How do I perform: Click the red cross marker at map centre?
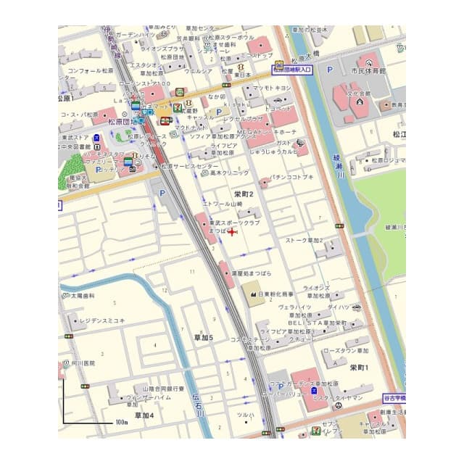click(232, 232)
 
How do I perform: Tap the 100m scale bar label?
click(120, 422)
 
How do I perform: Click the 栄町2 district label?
click(244, 194)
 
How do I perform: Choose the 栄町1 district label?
click(360, 368)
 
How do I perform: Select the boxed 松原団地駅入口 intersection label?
click(291, 70)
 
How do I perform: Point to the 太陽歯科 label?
click(82, 297)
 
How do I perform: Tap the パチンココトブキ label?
click(291, 177)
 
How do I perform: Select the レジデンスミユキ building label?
click(102, 320)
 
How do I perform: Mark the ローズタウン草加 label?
click(345, 351)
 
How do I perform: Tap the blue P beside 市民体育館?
click(329, 70)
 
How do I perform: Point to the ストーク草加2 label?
click(304, 240)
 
